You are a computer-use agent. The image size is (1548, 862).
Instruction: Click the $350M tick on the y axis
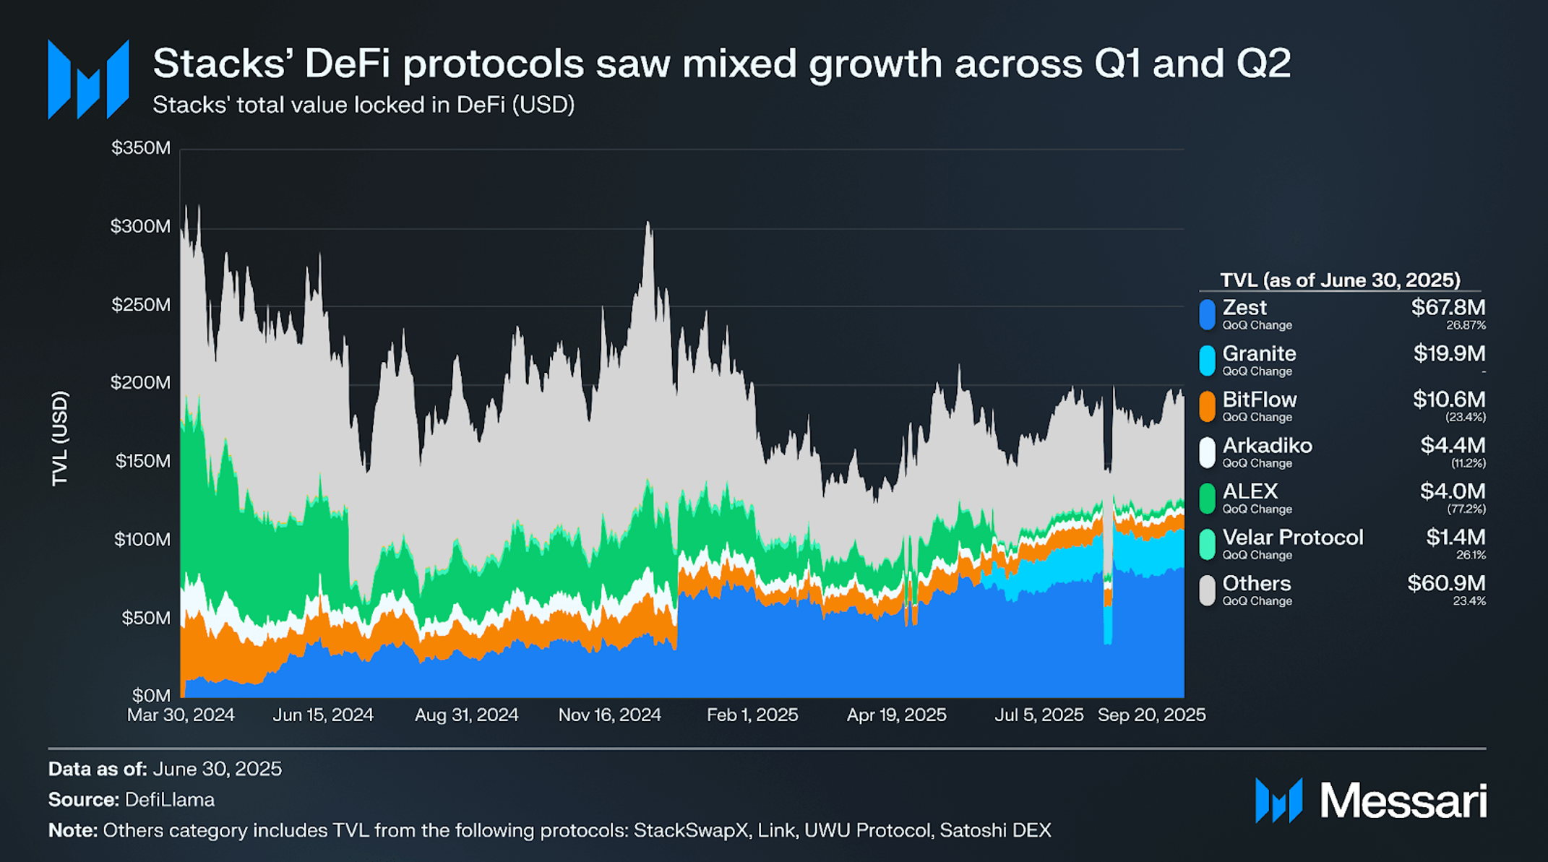pos(141,148)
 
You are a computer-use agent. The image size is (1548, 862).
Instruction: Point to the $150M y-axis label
pos(142,461)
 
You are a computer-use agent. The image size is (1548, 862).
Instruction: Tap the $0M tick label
pos(151,695)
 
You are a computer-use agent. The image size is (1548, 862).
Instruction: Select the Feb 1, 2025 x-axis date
pos(752,715)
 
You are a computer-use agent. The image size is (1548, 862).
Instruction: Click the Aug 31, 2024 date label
pos(466,715)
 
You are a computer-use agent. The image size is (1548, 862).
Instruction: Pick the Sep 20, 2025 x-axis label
pos(1151,715)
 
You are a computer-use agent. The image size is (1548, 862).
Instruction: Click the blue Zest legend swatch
pos(1207,315)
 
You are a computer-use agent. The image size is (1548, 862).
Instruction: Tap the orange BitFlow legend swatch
pos(1207,407)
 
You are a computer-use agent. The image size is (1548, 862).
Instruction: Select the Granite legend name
pos(1259,353)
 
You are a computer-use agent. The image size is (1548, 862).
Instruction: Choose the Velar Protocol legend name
pos(1293,538)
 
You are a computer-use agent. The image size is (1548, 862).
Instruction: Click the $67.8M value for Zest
pos(1448,308)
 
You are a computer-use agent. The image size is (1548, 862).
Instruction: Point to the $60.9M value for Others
pos(1446,583)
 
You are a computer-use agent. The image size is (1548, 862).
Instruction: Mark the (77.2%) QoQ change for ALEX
pos(1466,509)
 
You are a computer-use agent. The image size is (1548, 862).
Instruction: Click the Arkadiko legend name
pos(1267,445)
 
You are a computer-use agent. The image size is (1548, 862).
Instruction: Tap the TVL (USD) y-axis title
pos(60,439)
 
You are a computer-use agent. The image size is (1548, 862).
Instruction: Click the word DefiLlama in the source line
pos(170,800)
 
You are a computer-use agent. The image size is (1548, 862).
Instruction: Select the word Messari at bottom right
pos(1403,801)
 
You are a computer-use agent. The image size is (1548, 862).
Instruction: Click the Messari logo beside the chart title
pos(88,79)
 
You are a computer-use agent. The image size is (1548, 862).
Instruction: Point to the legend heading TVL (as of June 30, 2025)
pos(1340,280)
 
